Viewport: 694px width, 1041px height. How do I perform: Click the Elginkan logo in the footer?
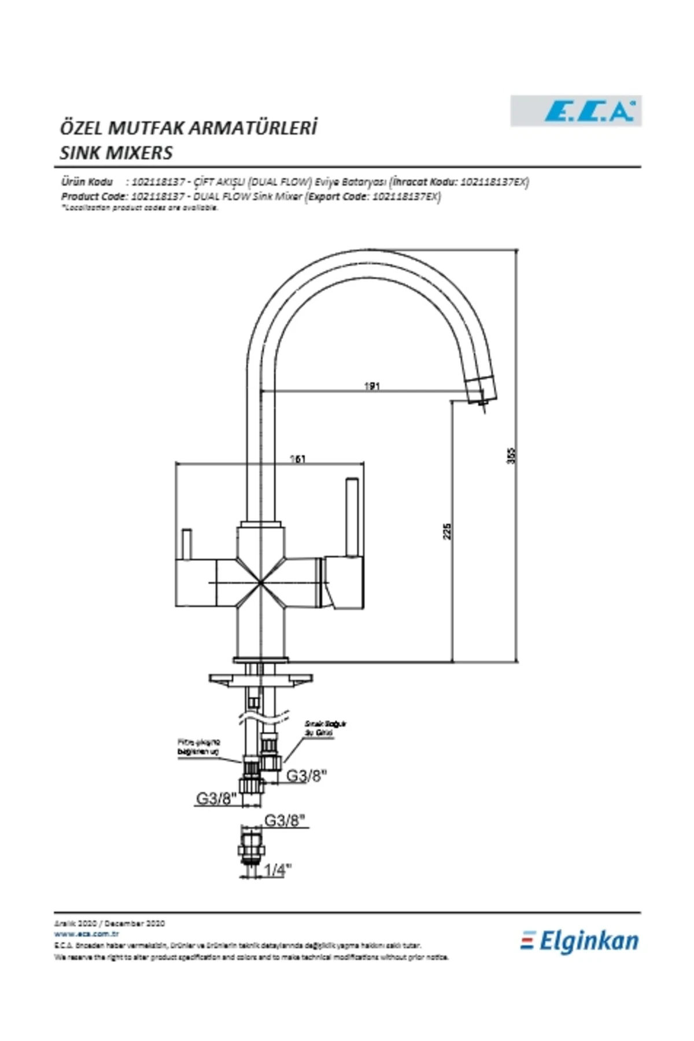pos(580,942)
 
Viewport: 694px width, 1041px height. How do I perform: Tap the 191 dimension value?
pos(372,386)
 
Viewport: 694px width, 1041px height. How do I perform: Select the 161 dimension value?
pos(297,459)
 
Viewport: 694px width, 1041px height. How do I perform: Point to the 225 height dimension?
pos(447,531)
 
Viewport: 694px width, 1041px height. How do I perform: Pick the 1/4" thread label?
pos(278,870)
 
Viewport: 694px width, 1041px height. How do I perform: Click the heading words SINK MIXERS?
pos(116,153)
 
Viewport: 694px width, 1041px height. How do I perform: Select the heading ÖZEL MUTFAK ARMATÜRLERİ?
pos(189,127)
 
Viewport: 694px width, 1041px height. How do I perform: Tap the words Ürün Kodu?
pos(87,182)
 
